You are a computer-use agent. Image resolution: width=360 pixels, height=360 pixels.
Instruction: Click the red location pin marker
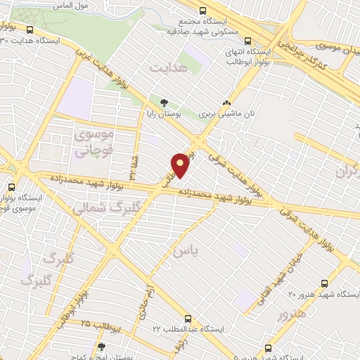[x=181, y=165]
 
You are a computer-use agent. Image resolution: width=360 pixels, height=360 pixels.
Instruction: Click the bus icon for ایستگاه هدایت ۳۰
[x=31, y=30]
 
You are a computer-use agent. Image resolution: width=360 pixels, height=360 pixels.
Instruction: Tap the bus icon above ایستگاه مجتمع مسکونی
[x=203, y=11]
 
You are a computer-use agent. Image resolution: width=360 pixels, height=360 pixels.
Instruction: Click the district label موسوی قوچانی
[x=91, y=141]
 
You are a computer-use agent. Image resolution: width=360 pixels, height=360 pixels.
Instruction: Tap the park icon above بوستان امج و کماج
[x=102, y=347]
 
